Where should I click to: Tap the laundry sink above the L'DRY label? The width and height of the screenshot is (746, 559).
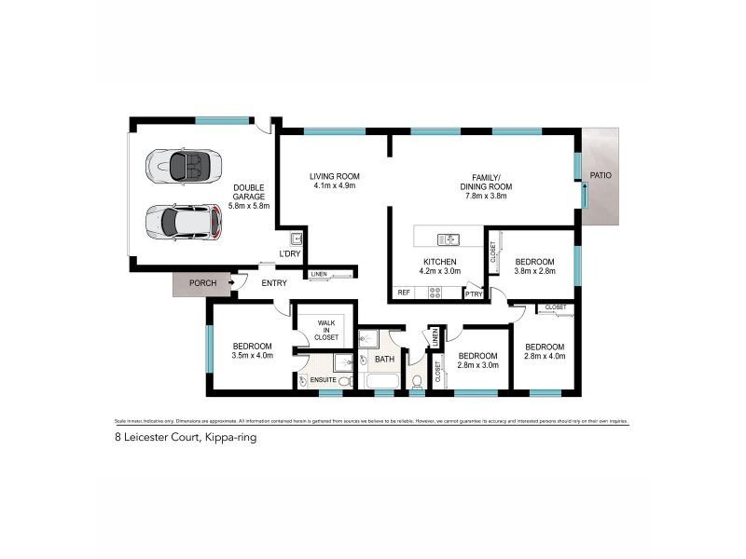click(x=296, y=238)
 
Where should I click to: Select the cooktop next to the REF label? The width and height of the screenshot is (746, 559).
click(x=435, y=293)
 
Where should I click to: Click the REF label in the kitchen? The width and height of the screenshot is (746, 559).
click(x=404, y=293)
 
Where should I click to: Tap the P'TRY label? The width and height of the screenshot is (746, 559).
click(x=475, y=294)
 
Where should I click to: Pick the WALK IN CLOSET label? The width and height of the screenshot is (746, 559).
click(x=325, y=329)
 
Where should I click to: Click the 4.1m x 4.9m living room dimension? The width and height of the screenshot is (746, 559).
click(x=334, y=186)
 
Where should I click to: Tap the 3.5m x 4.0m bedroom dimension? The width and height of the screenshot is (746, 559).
click(x=253, y=355)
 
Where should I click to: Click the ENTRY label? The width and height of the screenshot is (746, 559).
click(x=274, y=283)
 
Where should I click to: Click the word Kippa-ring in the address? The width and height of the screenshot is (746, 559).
click(x=228, y=436)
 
